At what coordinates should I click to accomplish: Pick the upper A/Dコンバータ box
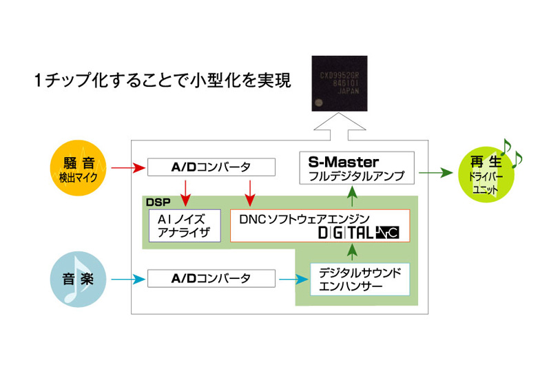[211, 167]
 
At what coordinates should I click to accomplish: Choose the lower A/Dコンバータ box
[211, 279]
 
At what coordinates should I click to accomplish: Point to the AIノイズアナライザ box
[185, 224]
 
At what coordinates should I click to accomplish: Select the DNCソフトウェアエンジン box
[320, 224]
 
